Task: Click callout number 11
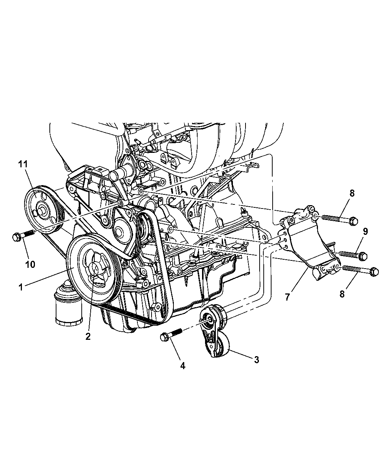click(x=23, y=164)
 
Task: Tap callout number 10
click(x=30, y=265)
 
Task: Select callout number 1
click(x=21, y=288)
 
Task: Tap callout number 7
click(x=287, y=297)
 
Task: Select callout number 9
click(x=365, y=231)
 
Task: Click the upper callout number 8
click(x=352, y=193)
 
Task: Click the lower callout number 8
click(x=342, y=294)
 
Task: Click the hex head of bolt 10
click(x=17, y=237)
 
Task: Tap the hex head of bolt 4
click(x=165, y=343)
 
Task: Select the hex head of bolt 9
click(x=363, y=256)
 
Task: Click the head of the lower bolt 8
click(x=374, y=272)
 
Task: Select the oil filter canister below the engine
click(x=68, y=304)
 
